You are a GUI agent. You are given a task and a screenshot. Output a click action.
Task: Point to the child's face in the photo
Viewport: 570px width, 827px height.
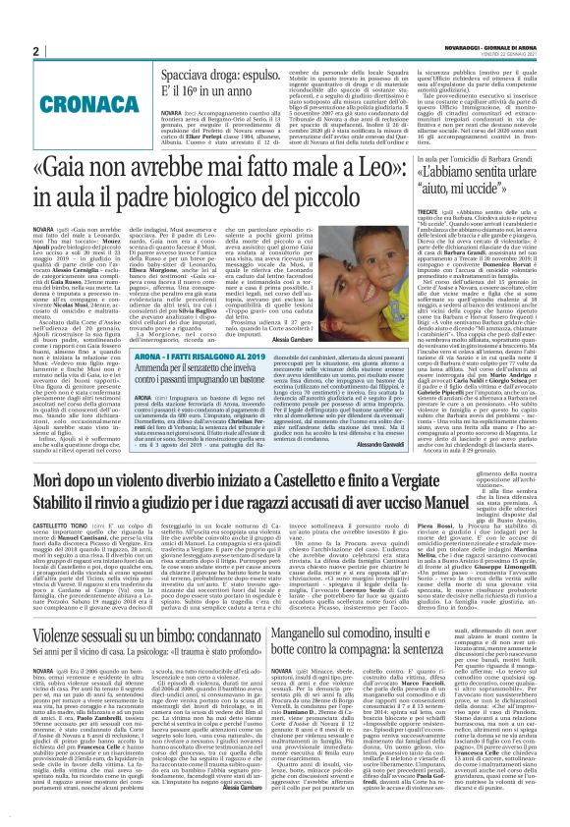coord(372,237)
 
